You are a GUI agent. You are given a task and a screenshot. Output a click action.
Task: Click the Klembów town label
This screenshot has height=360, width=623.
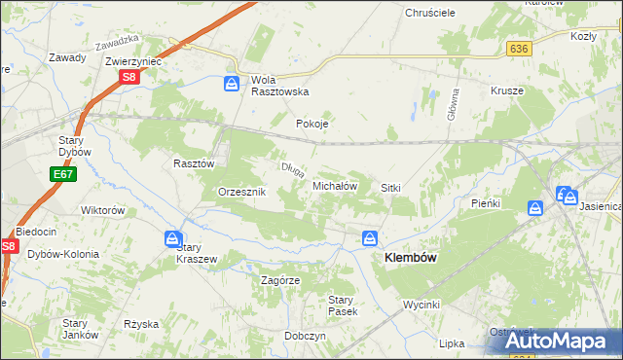(411, 258)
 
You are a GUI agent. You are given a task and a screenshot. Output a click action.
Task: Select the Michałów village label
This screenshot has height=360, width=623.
(336, 185)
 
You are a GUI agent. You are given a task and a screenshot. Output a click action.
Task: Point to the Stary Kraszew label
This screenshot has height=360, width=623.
(195, 253)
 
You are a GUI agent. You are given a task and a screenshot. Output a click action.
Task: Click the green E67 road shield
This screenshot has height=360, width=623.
(62, 174)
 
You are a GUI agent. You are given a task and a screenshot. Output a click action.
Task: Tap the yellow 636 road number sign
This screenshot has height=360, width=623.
(518, 48)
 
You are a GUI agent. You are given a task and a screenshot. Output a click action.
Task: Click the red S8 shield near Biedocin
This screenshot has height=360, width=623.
(9, 247)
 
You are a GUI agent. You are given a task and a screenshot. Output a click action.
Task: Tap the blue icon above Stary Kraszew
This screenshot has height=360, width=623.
(172, 239)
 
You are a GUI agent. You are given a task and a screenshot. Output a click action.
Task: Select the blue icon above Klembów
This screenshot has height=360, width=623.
(370, 238)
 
